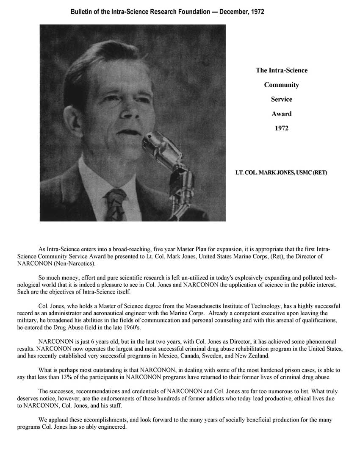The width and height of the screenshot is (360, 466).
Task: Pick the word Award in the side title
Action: (x=281, y=114)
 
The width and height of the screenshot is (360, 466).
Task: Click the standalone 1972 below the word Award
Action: (x=281, y=128)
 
